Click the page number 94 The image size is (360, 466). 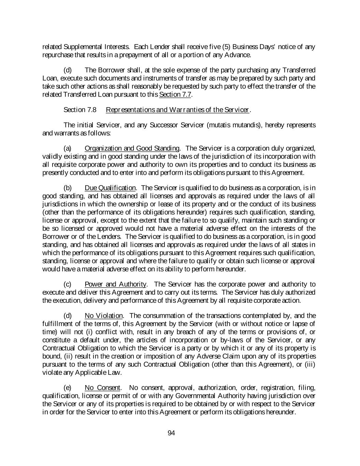[x=171, y=433]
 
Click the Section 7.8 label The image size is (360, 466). [x=80, y=110]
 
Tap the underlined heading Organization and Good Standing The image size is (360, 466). [x=132, y=149]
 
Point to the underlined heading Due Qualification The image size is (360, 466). [x=110, y=188]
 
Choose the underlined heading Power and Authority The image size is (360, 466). [x=115, y=284]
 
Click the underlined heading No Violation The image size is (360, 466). [x=103, y=316]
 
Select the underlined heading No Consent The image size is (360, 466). [x=102, y=388]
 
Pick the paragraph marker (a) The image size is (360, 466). [x=68, y=149]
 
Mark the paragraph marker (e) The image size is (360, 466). [x=68, y=388]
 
